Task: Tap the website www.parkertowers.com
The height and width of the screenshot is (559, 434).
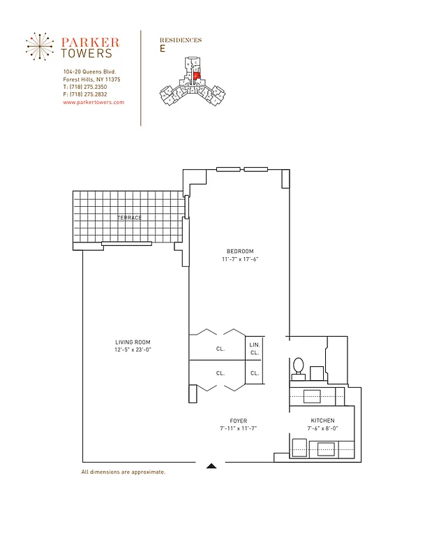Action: click(93, 102)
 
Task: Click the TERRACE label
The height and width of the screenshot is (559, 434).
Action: click(129, 218)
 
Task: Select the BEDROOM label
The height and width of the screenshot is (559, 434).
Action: click(239, 251)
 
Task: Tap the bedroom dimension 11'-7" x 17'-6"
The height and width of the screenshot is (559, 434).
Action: click(239, 259)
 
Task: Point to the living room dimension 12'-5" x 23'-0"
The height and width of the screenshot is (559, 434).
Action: click(133, 349)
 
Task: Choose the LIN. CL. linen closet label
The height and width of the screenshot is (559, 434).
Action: click(255, 349)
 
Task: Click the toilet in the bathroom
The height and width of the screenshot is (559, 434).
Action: click(298, 366)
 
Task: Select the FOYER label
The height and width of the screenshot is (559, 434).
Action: click(239, 420)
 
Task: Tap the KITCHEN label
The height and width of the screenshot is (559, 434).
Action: click(322, 420)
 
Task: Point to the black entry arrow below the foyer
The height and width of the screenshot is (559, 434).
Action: click(212, 465)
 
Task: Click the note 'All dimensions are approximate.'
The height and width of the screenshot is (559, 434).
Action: click(123, 472)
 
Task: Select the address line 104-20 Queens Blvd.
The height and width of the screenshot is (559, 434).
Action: click(89, 72)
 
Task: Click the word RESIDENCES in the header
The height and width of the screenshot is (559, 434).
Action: click(181, 41)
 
